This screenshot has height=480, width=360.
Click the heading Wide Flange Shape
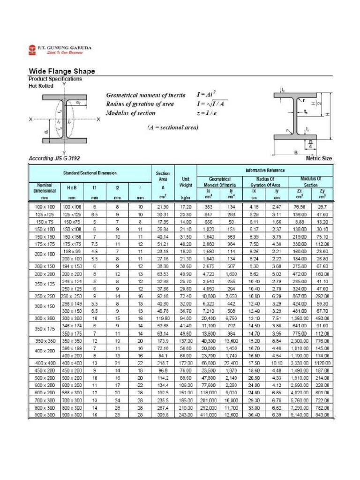[62, 71]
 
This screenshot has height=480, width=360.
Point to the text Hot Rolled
[41, 86]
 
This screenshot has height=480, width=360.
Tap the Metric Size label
[318, 158]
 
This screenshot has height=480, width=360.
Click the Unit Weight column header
[186, 182]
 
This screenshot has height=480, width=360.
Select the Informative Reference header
[265, 170]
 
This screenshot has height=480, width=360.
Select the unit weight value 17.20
[186, 206]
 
